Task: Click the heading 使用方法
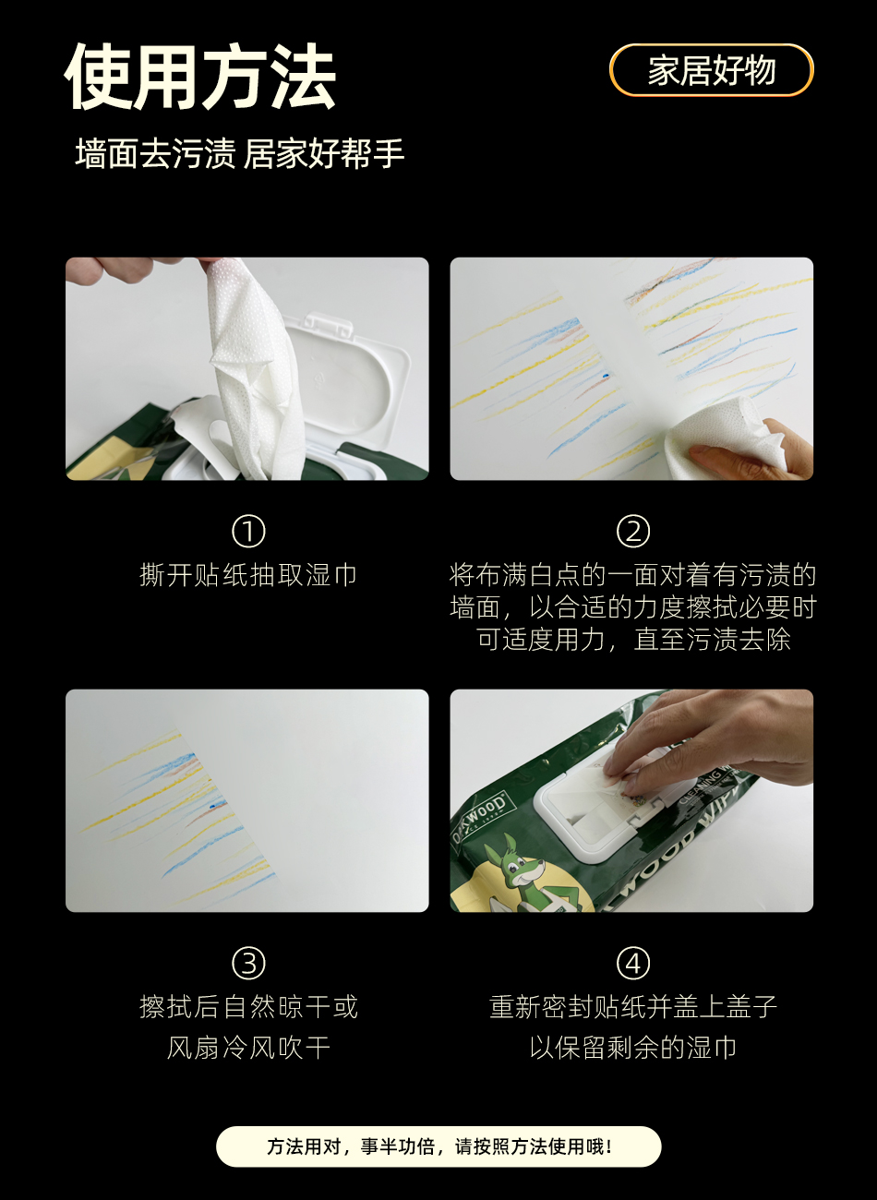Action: pos(199,76)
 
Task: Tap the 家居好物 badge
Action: pos(712,70)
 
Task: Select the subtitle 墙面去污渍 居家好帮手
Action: pos(239,153)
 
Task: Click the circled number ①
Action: pos(248,532)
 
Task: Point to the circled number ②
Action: pos(632,532)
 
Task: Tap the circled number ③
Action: pos(248,963)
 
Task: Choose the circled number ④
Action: pos(632,963)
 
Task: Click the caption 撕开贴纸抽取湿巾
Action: pos(248,575)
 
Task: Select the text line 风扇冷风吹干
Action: pos(248,1048)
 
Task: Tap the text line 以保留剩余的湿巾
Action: pos(632,1048)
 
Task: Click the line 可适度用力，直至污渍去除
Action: pos(632,639)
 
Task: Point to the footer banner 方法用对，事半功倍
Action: pos(438,1146)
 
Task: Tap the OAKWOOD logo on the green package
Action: pos(478,819)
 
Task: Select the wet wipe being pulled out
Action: pos(252,365)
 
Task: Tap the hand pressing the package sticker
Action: pos(707,739)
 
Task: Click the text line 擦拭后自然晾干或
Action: pos(248,1006)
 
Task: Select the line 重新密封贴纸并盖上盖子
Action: pos(632,1006)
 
